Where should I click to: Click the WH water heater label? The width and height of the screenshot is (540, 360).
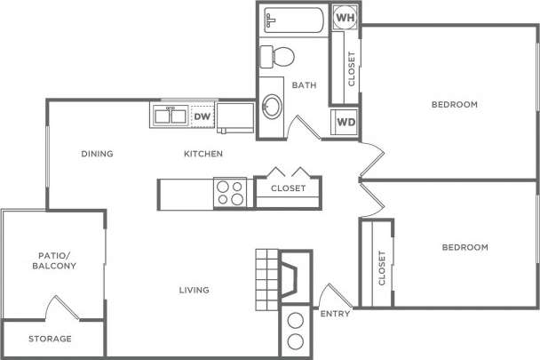345,17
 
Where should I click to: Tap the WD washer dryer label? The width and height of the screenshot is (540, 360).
345,122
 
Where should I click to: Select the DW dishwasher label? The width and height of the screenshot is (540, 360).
202,116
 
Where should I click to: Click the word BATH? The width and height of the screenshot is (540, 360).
305,85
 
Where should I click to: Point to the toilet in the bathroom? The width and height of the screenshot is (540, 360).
279,56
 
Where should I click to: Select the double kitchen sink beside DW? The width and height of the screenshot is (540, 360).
169,116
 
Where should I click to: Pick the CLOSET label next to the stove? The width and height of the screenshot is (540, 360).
288,188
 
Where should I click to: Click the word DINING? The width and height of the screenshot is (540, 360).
97,154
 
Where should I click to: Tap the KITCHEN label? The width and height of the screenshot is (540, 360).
202,154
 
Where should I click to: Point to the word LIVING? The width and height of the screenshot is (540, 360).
193,290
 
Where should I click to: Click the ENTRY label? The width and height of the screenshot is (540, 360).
335,314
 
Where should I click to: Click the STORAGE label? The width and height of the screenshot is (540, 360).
50,339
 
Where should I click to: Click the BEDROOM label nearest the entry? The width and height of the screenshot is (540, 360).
465,247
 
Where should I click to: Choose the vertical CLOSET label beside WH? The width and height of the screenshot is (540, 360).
352,68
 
